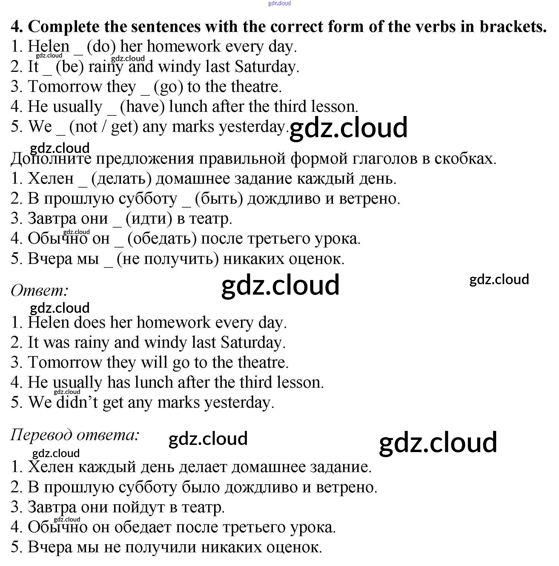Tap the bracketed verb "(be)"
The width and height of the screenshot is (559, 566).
click(x=70, y=67)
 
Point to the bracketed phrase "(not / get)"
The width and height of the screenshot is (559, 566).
click(x=104, y=127)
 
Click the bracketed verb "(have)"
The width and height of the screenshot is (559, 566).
click(x=142, y=107)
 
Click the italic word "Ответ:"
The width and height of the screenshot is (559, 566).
click(x=39, y=290)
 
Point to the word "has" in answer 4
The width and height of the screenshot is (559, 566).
click(x=119, y=383)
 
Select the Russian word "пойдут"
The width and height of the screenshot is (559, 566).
click(x=139, y=507)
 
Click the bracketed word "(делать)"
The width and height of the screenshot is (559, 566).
click(x=122, y=179)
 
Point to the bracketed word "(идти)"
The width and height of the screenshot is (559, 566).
click(x=149, y=219)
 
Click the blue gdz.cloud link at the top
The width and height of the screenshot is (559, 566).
click(x=279, y=4)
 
